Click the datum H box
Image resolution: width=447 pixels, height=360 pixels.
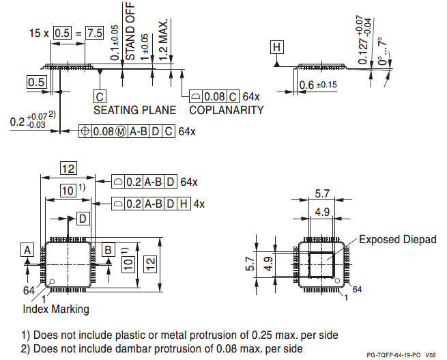(276, 47)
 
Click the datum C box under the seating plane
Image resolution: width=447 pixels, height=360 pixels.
(100, 96)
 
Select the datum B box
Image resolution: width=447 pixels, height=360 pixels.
(108, 250)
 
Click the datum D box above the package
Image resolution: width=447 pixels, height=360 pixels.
(82, 219)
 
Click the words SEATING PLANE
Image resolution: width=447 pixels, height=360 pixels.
(134, 110)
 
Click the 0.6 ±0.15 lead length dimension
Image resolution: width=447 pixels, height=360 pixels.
(318, 85)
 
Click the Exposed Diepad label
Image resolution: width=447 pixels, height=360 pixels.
(397, 240)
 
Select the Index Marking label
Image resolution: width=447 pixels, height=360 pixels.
(56, 309)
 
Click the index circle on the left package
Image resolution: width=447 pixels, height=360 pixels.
(51, 281)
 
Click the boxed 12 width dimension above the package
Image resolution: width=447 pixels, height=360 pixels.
(68, 169)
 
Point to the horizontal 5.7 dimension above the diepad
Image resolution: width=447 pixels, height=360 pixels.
(322, 194)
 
